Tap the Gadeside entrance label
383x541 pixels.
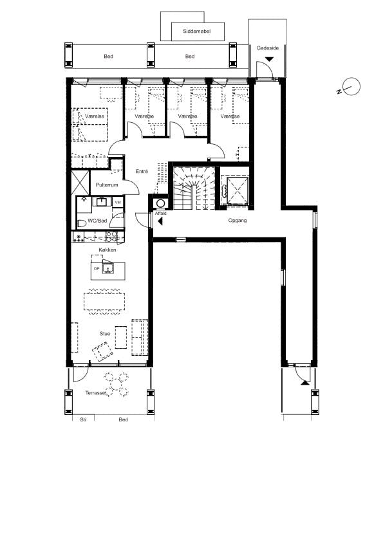[267, 48]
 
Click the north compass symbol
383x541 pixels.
[351, 87]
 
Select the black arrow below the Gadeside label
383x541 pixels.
[268, 59]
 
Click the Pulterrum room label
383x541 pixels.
[107, 185]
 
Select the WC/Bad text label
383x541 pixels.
[98, 221]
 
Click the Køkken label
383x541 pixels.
[107, 250]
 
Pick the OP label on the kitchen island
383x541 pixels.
[97, 269]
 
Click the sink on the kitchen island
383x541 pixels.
[108, 268]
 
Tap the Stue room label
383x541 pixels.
[104, 333]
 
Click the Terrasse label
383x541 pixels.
[95, 392]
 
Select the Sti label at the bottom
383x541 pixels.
[82, 419]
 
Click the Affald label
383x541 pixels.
[160, 213]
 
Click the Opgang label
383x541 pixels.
[238, 220]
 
